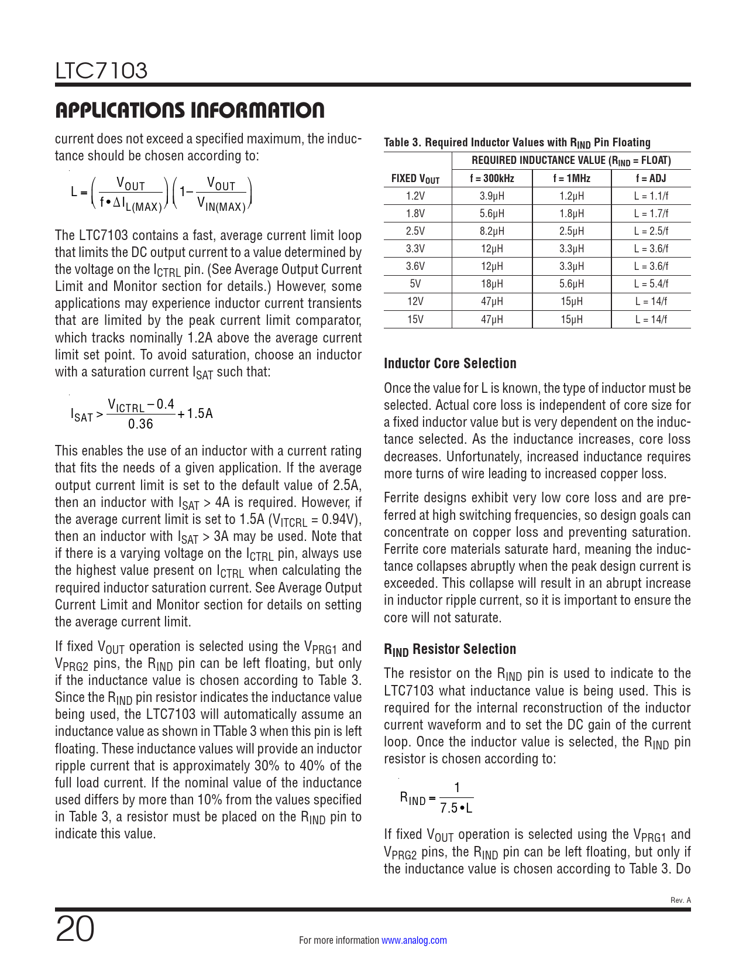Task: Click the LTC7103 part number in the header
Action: tap(101, 71)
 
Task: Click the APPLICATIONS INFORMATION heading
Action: tap(190, 110)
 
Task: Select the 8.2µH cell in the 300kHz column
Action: tap(491, 231)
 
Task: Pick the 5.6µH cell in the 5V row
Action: tap(571, 284)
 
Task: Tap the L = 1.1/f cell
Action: tap(651, 196)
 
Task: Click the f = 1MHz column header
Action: tap(571, 179)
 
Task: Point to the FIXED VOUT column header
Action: tap(415, 179)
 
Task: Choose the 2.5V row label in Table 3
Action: tap(415, 231)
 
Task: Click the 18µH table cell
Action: tap(491, 284)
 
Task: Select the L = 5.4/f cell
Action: tap(651, 284)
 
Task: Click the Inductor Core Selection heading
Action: tap(450, 363)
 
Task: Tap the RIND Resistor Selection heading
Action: tap(449, 649)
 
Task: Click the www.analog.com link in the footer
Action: tap(414, 940)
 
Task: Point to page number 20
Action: tap(75, 929)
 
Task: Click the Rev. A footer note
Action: tap(680, 900)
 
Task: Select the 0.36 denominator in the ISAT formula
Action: tap(140, 424)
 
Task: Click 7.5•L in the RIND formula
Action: tap(456, 809)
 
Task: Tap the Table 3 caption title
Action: tap(517, 142)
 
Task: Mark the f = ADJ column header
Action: tap(651, 179)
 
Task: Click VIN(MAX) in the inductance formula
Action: tap(221, 204)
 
